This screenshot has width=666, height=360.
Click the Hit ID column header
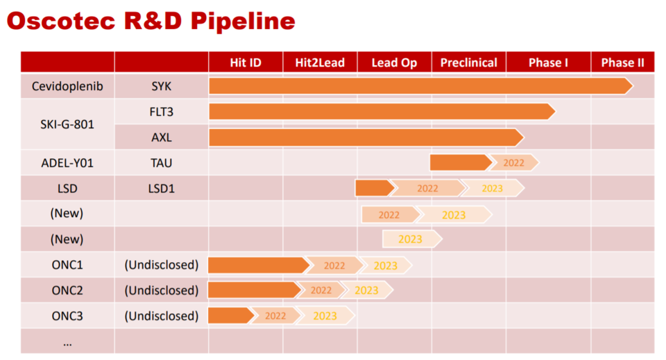246,63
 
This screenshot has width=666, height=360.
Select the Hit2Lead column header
320,63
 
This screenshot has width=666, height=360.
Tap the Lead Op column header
394,63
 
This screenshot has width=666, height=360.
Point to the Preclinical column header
468,63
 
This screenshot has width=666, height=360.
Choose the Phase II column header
623,63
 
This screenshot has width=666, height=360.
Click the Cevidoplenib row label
67,86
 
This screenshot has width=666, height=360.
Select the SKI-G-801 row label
67,124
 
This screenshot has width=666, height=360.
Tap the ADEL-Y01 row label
67,163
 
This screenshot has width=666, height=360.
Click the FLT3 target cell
162,112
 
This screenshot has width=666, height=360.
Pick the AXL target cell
162,137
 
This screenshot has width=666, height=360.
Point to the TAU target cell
162,163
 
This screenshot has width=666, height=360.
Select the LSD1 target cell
162,189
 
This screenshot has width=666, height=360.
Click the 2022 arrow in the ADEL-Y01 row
514,162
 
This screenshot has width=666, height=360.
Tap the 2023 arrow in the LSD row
493,188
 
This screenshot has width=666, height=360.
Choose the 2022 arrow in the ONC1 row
334,266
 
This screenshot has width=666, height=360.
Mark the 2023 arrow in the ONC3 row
325,316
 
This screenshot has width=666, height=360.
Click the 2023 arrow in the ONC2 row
367,291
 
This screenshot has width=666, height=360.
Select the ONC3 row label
67,316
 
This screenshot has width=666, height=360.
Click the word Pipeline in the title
243,22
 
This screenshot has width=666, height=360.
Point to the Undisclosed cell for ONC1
162,266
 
